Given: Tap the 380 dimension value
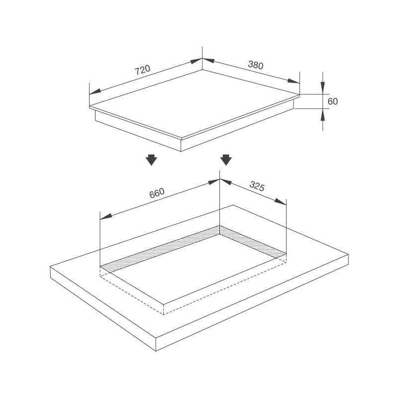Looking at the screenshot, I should coord(255,65).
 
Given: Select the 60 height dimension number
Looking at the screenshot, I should coord(333,101).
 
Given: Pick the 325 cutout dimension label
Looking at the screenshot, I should coord(257,187).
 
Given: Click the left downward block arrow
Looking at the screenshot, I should coord(151,160).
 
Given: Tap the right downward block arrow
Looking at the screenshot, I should coord(226,160).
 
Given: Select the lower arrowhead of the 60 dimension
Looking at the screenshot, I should coord(322,114).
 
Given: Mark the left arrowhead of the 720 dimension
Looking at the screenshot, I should coord(95,92).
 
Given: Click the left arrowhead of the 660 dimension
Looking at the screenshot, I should coord(105,216).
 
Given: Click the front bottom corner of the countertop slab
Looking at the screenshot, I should coord(156,351).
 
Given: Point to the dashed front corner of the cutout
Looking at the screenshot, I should coord(164,314).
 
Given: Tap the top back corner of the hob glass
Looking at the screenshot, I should coord(202,69).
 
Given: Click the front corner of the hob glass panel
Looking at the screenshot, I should coord(181,138).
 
